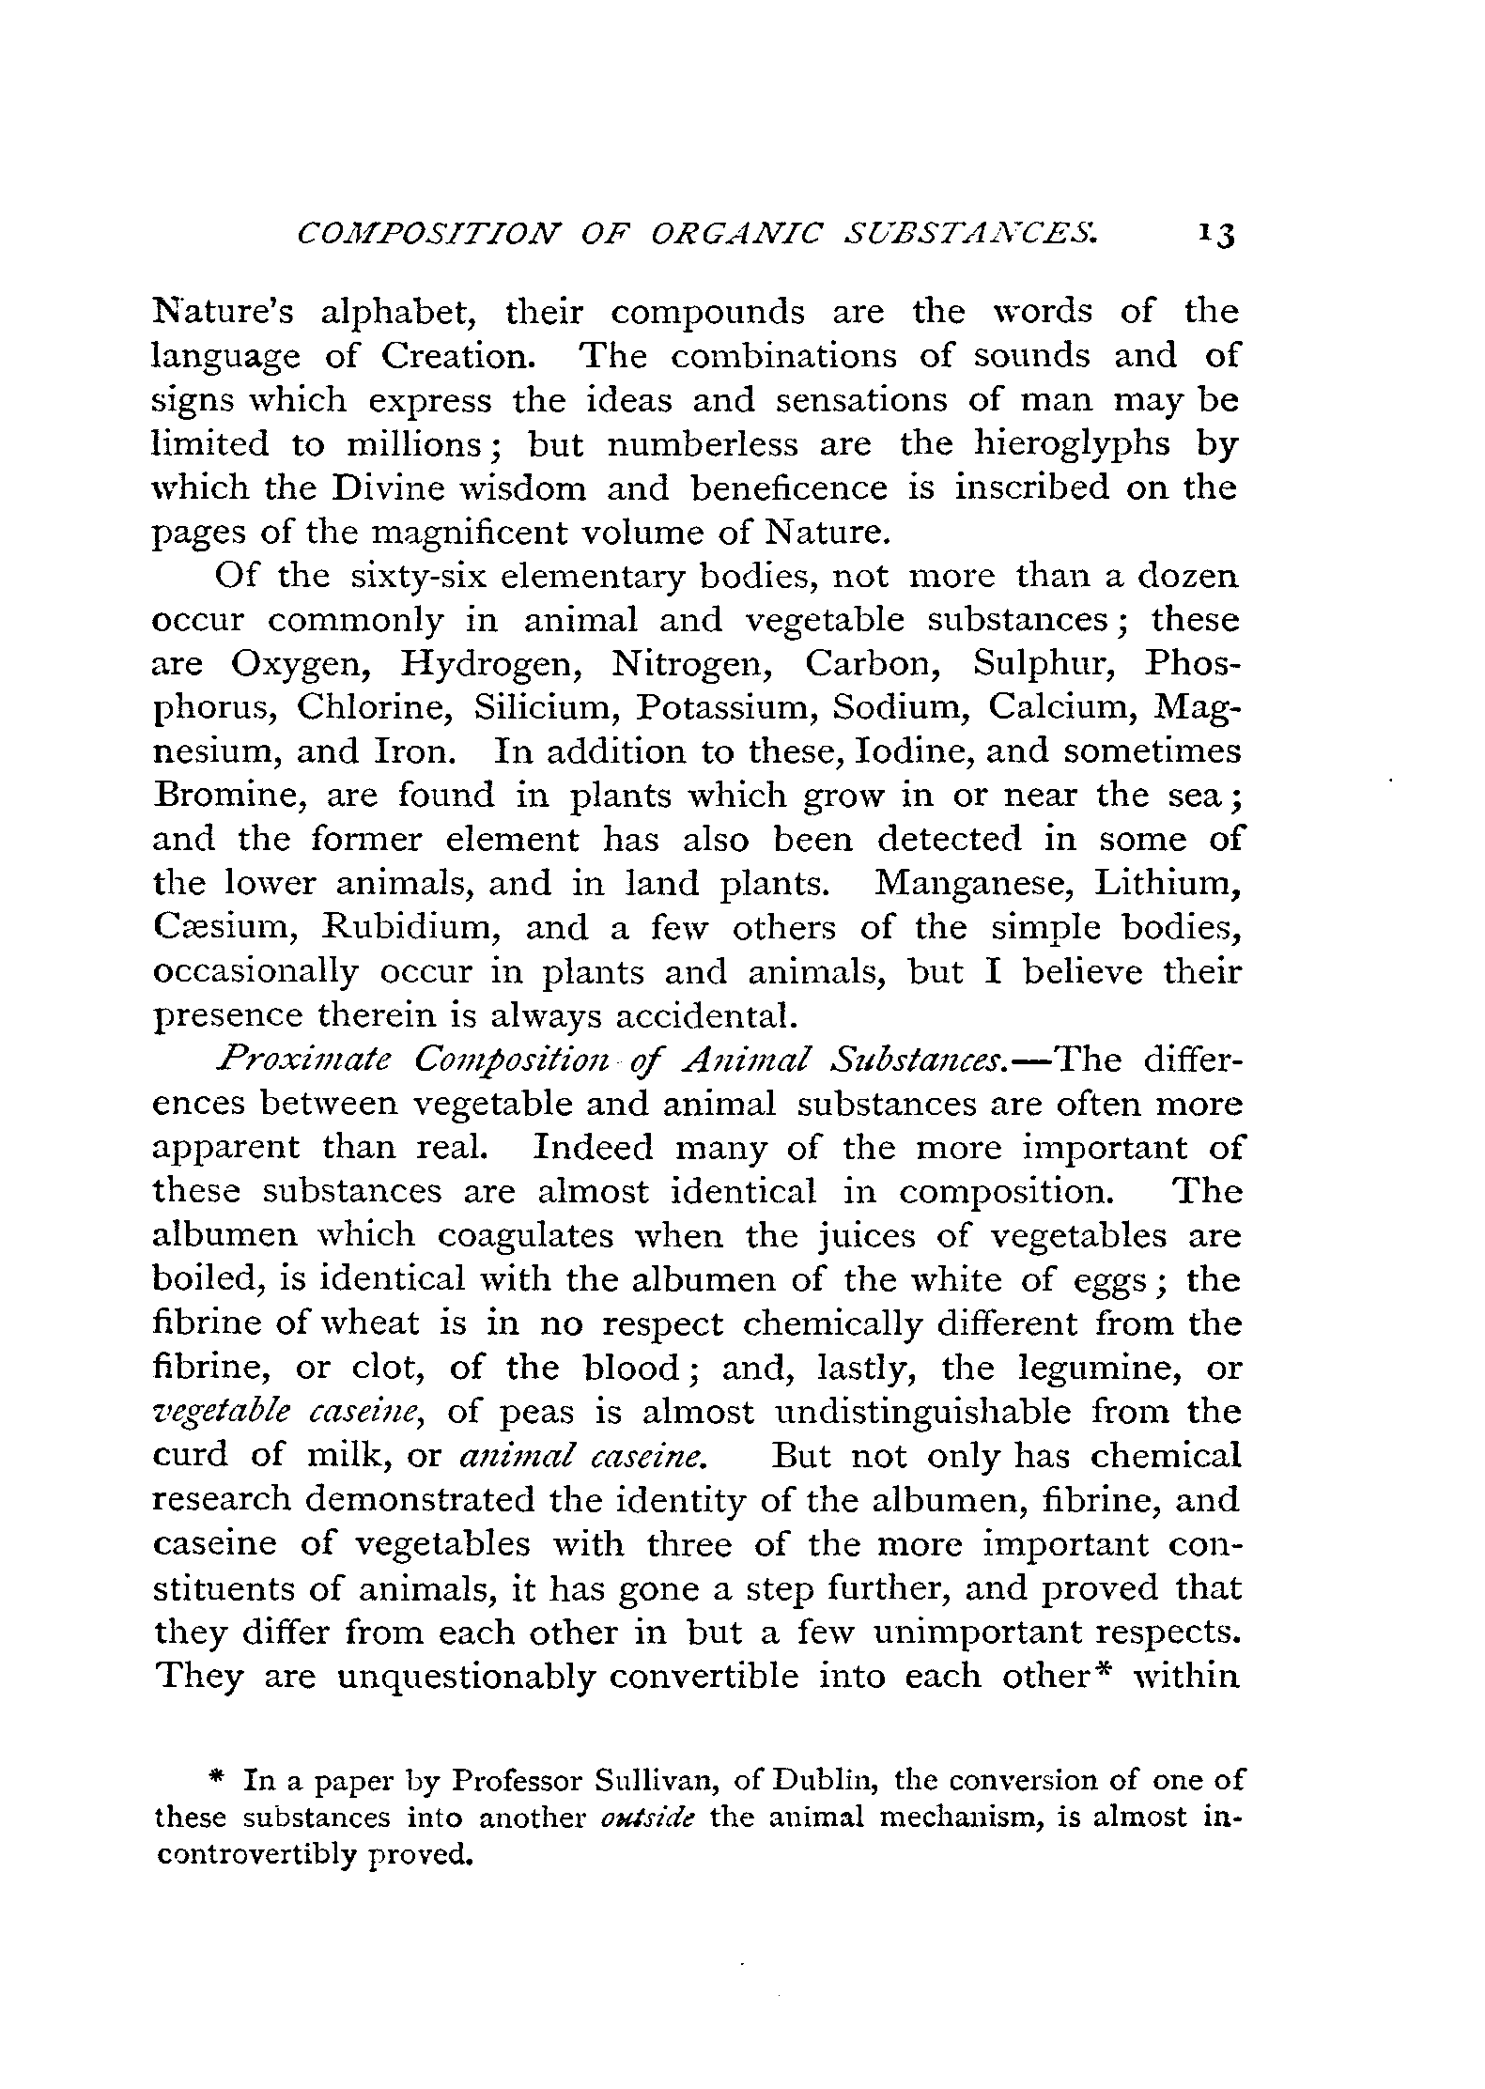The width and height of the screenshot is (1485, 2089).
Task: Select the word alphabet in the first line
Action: click(396, 312)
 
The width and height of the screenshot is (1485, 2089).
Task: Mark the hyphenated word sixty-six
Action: click(419, 576)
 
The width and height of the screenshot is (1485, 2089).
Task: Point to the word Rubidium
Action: click(410, 928)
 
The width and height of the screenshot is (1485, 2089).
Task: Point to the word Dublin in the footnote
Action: click(827, 1781)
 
